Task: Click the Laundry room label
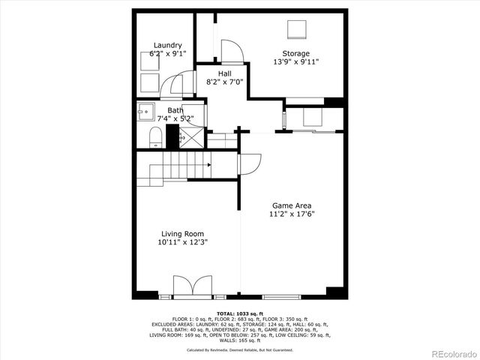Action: [x=167, y=45]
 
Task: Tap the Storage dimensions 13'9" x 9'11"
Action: [x=295, y=63]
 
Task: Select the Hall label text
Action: [x=224, y=73]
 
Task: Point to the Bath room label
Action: [x=174, y=110]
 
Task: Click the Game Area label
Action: [x=292, y=205]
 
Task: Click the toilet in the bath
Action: [x=156, y=136]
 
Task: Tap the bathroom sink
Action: [x=144, y=113]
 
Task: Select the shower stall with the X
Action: [x=192, y=136]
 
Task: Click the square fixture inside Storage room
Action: [x=298, y=29]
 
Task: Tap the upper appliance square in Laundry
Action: [x=148, y=61]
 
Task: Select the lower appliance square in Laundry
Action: [x=148, y=82]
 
